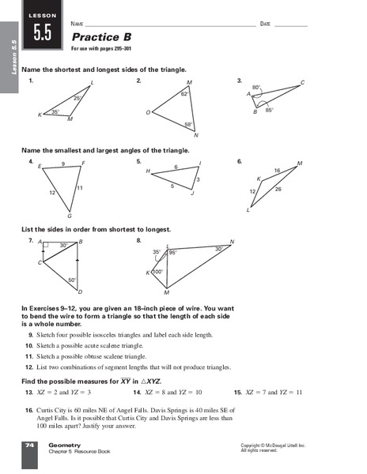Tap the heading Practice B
pos(101,37)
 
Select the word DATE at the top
pos(266,24)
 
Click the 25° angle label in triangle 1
pos(78,98)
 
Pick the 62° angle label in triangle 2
pos(184,94)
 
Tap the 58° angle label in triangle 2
pos(188,124)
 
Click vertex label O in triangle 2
pos(148,113)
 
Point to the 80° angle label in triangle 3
pos(256,87)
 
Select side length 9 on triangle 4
pos(62,164)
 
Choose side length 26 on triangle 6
pos(278,189)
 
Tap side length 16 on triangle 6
pos(277,171)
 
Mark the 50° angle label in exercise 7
pos(71,280)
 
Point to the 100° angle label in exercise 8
pos(157,272)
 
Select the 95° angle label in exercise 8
pos(172,253)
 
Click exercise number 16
pos(29,410)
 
